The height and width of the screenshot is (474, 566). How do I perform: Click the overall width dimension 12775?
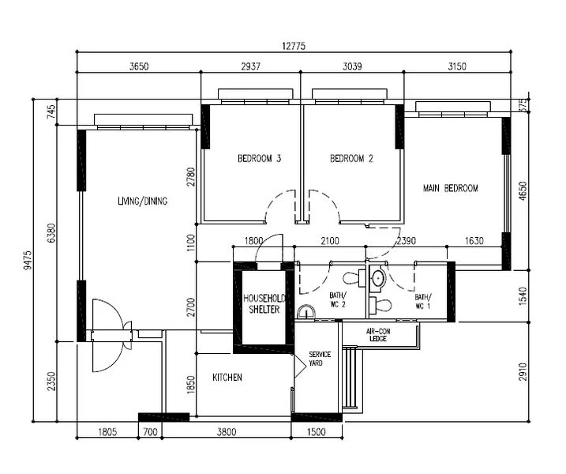(294, 46)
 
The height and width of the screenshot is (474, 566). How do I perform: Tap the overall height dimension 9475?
(28, 260)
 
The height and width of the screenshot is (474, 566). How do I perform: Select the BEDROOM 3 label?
(259, 158)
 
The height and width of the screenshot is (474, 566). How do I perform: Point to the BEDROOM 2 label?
(351, 158)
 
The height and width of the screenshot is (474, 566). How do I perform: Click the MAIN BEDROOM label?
(451, 188)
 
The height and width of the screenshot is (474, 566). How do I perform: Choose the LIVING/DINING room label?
(143, 201)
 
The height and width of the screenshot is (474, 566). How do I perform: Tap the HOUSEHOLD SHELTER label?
(264, 304)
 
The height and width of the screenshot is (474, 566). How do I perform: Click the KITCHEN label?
(227, 378)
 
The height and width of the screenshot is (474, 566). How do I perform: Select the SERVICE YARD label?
(320, 359)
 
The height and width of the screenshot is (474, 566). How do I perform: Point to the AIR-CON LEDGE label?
(378, 335)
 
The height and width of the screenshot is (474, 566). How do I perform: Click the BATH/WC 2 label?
(338, 300)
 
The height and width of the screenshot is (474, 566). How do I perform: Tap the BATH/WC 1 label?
(422, 301)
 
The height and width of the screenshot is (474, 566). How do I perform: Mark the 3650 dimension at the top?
(139, 66)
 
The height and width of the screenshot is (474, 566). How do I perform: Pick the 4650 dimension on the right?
(523, 191)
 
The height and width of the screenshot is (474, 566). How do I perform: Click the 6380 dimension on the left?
(51, 233)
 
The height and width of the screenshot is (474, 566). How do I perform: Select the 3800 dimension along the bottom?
(227, 431)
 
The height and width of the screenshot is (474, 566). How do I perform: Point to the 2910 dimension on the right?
(523, 372)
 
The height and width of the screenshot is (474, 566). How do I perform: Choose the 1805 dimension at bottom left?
(107, 431)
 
